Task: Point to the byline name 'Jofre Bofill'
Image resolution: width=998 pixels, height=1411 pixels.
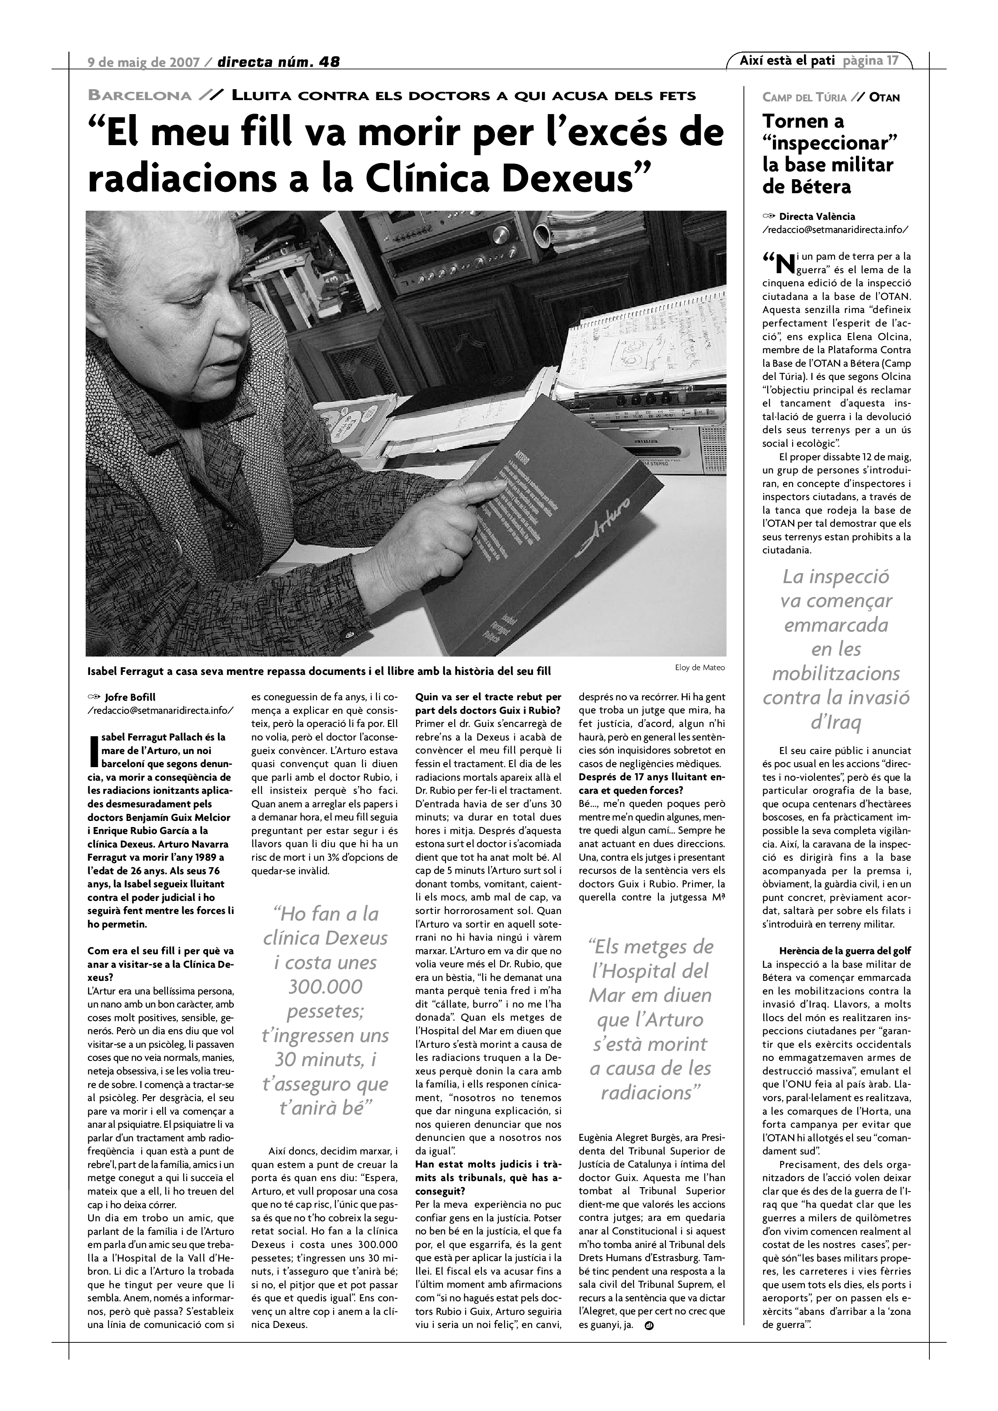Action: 130,697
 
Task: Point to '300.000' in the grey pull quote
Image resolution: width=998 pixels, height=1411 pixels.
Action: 326,987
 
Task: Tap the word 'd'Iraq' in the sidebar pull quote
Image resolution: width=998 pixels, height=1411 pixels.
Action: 836,722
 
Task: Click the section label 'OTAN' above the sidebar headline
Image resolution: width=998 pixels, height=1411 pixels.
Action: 884,97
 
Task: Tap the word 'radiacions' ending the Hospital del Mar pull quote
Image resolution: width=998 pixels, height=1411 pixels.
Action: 651,1092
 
